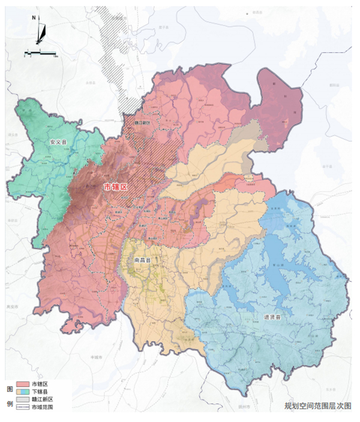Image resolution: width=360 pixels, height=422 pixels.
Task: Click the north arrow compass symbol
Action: (40, 33)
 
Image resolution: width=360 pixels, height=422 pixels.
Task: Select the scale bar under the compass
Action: (40, 54)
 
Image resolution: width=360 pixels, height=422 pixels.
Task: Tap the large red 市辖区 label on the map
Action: (116, 187)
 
